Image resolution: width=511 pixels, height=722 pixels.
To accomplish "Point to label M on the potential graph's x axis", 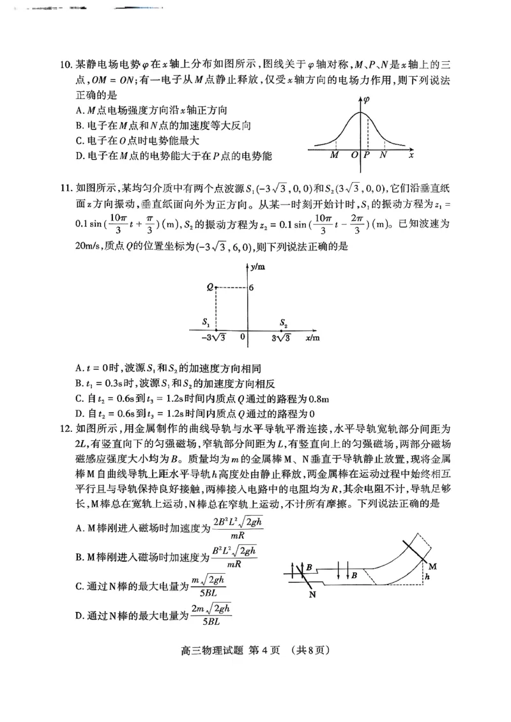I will click(x=335, y=155).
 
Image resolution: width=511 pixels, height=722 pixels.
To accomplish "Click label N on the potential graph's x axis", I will click(x=383, y=155).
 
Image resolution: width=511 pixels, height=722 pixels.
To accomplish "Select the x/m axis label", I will click(x=312, y=337).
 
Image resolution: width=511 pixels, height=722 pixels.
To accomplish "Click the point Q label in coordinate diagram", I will click(x=209, y=288).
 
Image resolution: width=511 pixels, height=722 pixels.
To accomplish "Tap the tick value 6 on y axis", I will click(x=252, y=288).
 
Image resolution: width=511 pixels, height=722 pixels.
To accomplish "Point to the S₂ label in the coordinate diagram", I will click(x=284, y=323).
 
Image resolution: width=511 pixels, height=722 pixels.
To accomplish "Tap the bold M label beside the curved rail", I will click(x=432, y=566).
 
